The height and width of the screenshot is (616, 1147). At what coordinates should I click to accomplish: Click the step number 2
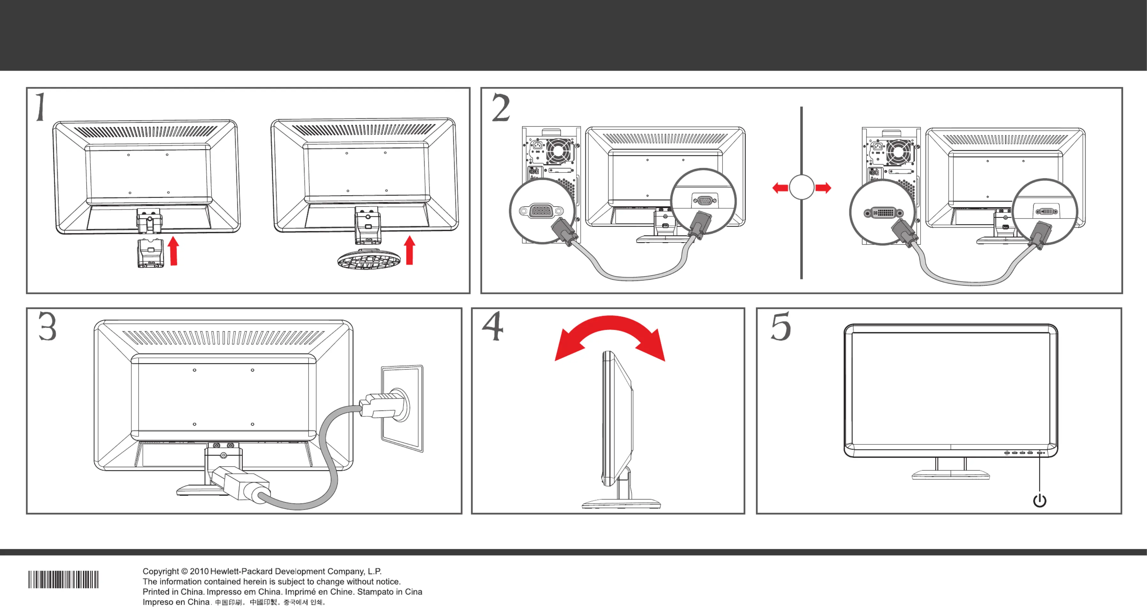pos(501,107)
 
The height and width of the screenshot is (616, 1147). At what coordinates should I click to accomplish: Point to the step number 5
pos(781,327)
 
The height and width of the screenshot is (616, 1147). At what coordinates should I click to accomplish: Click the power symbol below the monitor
pos(1039,500)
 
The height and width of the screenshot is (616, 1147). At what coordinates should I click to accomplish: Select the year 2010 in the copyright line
pos(199,571)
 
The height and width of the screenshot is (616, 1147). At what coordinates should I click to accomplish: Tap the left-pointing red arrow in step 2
pos(780,188)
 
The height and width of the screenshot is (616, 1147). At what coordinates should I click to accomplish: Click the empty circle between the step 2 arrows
pos(801,188)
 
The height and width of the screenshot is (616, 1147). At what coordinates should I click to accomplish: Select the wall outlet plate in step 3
pos(402,408)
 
